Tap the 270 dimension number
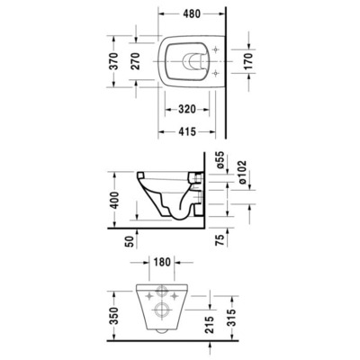click(136, 61)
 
